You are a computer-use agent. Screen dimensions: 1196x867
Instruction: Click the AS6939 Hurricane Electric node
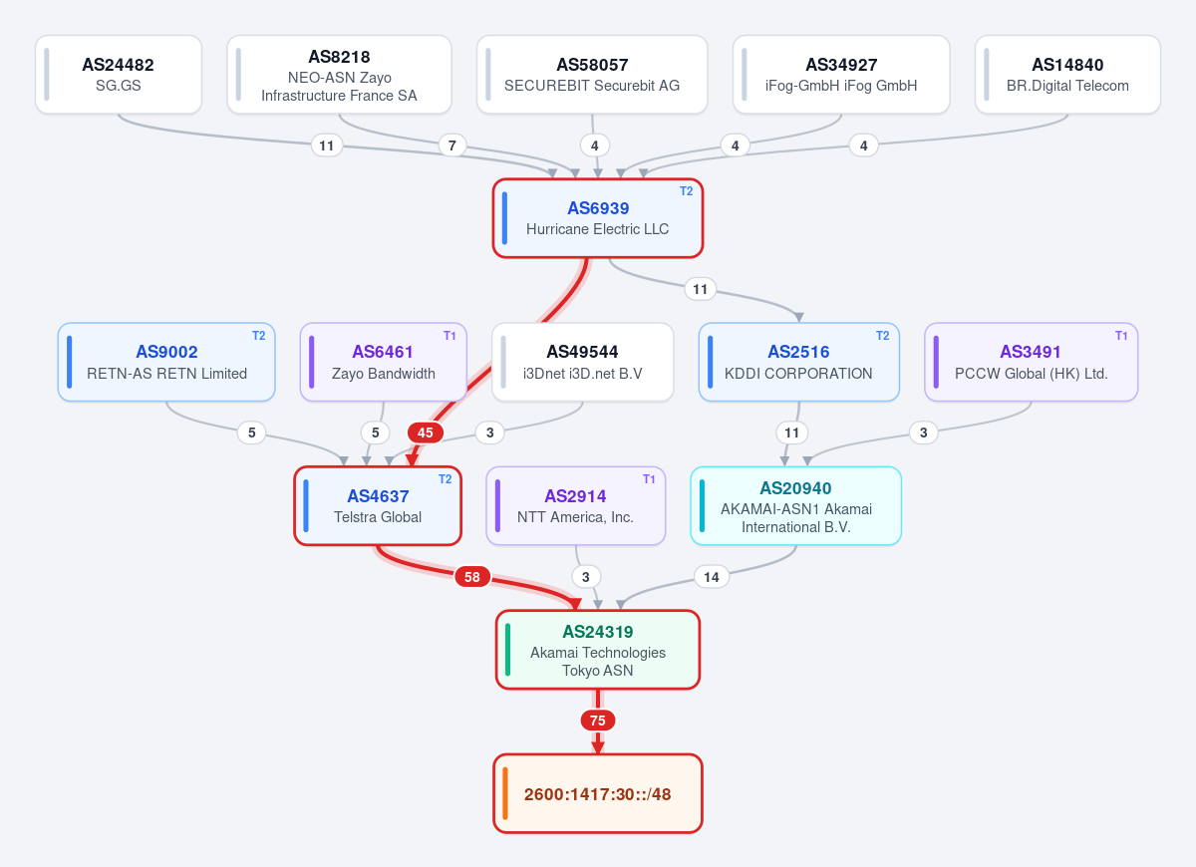(x=597, y=218)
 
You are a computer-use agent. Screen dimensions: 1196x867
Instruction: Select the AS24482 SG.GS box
(x=119, y=74)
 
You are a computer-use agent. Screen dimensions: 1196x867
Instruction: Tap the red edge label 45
(x=425, y=433)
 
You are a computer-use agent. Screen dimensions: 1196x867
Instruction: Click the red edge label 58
(x=472, y=577)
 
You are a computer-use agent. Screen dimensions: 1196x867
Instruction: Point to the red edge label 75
(x=597, y=721)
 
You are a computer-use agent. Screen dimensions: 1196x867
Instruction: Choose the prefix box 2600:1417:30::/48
(x=597, y=793)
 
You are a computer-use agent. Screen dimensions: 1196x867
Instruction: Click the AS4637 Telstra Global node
(x=378, y=505)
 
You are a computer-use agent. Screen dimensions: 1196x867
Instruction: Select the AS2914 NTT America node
(x=576, y=505)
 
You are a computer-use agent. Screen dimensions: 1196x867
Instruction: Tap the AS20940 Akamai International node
(x=795, y=505)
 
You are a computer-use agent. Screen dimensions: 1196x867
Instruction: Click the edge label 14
(x=712, y=577)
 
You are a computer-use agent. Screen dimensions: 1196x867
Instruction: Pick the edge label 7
(x=451, y=145)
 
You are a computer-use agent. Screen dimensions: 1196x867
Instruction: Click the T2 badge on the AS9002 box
(x=258, y=335)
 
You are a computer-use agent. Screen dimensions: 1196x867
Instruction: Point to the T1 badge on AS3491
(x=1121, y=335)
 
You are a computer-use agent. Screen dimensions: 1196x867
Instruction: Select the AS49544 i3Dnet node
(x=582, y=362)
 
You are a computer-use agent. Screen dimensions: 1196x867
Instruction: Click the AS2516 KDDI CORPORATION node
(x=798, y=362)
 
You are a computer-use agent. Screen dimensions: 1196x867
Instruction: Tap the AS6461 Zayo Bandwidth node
(x=384, y=362)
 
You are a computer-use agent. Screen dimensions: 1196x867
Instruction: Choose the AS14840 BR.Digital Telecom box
(x=1067, y=74)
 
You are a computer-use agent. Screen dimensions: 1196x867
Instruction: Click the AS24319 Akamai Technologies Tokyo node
(x=597, y=650)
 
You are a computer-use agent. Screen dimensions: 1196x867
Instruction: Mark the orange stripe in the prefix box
(x=505, y=793)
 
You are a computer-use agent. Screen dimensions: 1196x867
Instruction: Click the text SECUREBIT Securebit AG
(x=592, y=86)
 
